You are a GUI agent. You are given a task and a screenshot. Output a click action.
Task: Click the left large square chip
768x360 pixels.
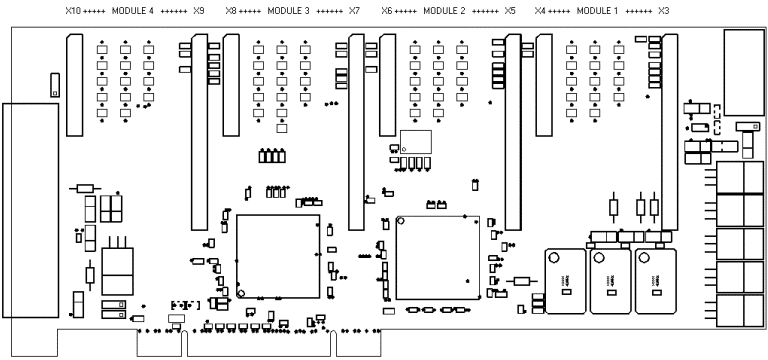[278, 257]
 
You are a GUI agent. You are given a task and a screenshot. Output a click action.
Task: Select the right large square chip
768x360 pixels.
[438, 257]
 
